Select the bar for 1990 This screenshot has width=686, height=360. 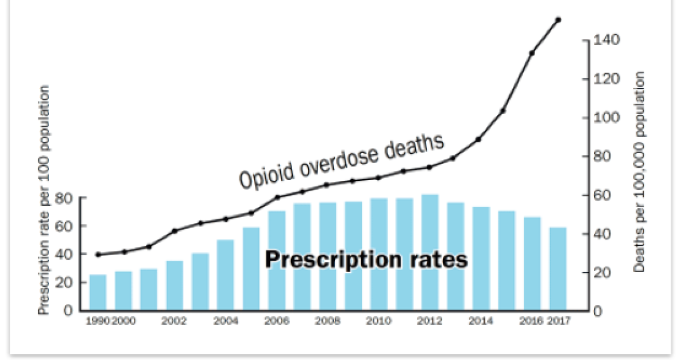pos(98,292)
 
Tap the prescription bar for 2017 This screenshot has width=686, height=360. pos(558,269)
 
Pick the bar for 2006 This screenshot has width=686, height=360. pos(277,261)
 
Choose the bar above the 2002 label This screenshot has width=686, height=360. pos(174,285)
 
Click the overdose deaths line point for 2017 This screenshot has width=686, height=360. pos(558,19)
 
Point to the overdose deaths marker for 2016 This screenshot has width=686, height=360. pos(532,53)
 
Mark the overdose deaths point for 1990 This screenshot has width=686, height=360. pos(98,254)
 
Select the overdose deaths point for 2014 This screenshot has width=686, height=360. pos(478,139)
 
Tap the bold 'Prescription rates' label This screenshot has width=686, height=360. pos(366,260)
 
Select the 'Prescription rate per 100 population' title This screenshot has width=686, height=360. pos(44,199)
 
